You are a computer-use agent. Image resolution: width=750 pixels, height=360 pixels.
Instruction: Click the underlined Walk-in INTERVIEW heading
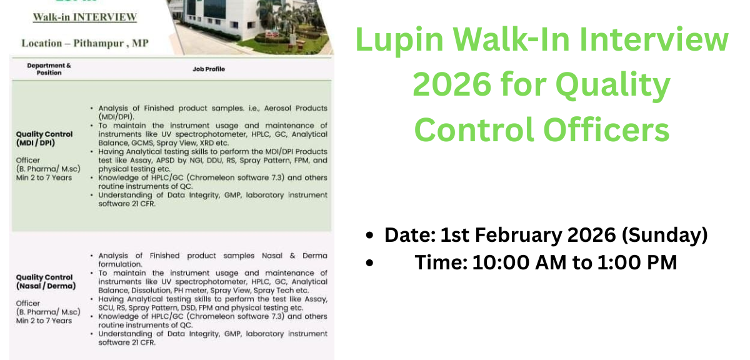[85, 17]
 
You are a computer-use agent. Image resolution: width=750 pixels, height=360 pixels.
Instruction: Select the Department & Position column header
[49, 69]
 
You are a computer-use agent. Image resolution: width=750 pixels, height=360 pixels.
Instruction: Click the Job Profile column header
[209, 69]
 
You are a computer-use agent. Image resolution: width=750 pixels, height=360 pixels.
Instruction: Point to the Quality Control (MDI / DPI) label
[44, 138]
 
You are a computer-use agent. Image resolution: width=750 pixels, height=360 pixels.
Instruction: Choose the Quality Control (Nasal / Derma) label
[46, 281]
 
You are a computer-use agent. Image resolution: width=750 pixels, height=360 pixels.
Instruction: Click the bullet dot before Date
[370, 236]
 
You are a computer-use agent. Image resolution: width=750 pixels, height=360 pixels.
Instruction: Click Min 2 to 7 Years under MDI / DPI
[44, 177]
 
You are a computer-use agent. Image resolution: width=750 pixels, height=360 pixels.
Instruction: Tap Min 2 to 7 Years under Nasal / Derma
[44, 321]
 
